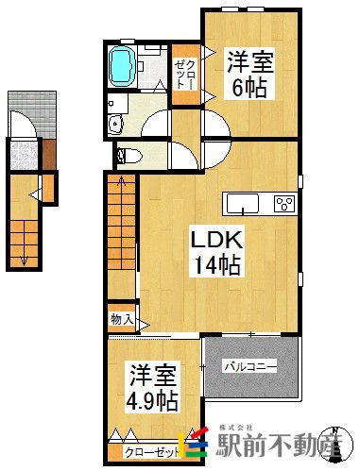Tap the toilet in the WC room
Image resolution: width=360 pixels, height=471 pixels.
tap(128, 155)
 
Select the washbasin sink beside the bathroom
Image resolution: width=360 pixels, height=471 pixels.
tap(115, 123)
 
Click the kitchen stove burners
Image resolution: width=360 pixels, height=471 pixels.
tap(284, 203)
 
